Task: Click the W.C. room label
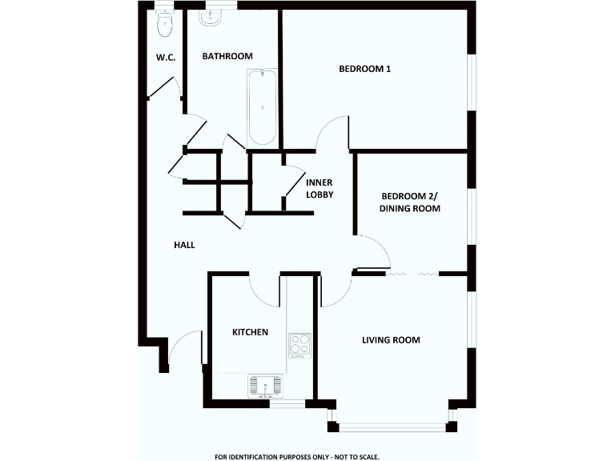coord(166,57)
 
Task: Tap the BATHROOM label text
coord(227,56)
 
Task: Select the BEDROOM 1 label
coord(365,69)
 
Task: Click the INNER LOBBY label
coord(320,188)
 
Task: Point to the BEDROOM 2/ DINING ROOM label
coord(411,202)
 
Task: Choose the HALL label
coord(185,245)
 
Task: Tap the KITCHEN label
coord(250,332)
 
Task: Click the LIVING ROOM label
coord(391,340)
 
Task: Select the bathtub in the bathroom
coord(262,107)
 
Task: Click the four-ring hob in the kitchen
coord(299,345)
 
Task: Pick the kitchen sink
coord(265,385)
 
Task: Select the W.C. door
coord(164,88)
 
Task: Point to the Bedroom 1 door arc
coord(332,132)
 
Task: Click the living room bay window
coord(392,427)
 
